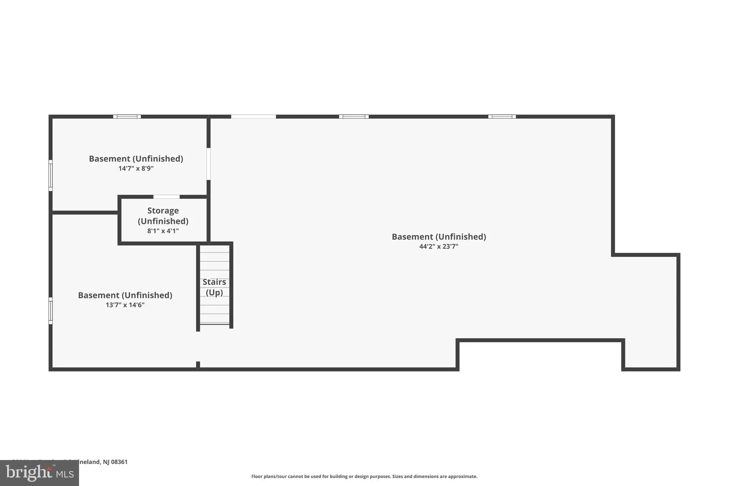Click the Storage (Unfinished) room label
163,216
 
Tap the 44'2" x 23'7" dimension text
439,246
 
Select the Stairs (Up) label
214,287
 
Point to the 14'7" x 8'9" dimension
136,168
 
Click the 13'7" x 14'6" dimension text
125,305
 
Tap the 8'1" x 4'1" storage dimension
163,231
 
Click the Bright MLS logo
40,473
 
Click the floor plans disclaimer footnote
364,476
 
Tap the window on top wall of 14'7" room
127,116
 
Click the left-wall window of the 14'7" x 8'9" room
51,175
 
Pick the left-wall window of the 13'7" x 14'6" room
51,311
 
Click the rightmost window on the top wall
502,116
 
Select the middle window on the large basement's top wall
354,116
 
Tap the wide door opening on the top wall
253,116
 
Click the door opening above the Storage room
167,197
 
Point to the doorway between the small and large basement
209,164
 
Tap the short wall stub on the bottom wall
198,365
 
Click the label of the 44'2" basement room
439,237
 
